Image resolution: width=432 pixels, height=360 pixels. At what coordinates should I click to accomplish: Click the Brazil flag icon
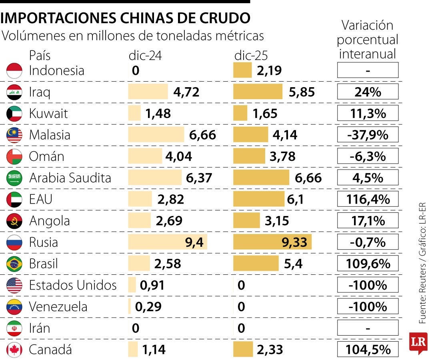(14, 264)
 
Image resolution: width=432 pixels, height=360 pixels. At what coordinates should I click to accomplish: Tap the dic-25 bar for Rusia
(272, 242)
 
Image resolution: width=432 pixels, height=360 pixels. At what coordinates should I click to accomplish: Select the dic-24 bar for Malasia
(156, 135)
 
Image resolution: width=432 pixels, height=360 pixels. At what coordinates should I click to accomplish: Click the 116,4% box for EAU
(368, 199)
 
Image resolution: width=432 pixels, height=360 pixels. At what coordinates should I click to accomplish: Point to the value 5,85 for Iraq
(301, 92)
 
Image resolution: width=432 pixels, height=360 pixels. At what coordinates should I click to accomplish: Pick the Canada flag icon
(14, 350)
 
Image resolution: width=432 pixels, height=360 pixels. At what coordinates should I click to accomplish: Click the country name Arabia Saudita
(70, 178)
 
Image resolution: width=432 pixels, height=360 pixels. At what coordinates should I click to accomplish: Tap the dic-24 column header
(145, 56)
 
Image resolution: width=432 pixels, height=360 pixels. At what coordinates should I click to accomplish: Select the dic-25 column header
(251, 56)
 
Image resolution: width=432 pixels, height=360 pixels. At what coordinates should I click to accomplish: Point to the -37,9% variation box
(368, 135)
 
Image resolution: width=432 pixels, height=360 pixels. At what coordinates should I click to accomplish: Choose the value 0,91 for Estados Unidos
(152, 285)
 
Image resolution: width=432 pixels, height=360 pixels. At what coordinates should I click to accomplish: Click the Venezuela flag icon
(14, 307)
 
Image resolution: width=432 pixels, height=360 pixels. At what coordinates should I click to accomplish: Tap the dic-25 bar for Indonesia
(242, 71)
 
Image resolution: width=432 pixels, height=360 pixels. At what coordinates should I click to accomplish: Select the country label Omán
(46, 156)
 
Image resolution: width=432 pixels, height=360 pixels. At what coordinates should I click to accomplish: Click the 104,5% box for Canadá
(368, 350)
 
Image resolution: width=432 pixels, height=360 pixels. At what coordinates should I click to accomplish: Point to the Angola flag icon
(14, 221)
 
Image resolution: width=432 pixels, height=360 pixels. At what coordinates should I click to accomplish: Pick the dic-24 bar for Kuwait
(134, 114)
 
